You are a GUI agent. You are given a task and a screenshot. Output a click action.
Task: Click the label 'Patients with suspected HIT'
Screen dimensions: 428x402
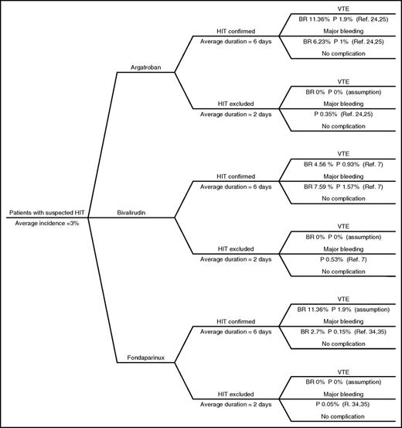[45, 212]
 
